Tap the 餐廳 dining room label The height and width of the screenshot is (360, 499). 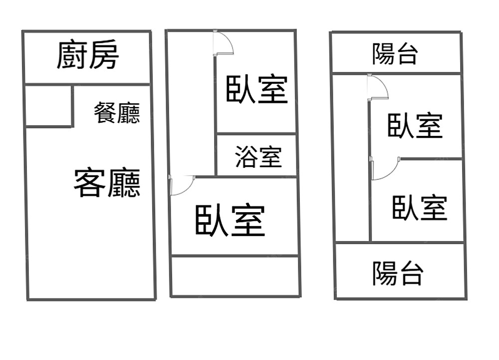pyautogui.click(x=117, y=112)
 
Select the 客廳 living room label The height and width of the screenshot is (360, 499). pyautogui.click(x=107, y=183)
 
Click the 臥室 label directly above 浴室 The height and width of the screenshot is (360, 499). pyautogui.click(x=257, y=89)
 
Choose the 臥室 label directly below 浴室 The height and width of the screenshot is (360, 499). pyautogui.click(x=230, y=220)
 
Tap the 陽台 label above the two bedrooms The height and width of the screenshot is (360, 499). pyautogui.click(x=394, y=54)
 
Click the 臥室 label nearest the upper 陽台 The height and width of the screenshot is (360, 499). pyautogui.click(x=415, y=125)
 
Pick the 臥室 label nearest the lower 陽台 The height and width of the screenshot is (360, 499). pyautogui.click(x=420, y=208)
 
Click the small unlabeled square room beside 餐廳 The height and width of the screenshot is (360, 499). pyautogui.click(x=48, y=106)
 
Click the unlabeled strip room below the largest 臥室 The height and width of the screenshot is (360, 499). pyautogui.click(x=235, y=276)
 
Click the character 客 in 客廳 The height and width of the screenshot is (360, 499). pyautogui.click(x=90, y=183)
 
